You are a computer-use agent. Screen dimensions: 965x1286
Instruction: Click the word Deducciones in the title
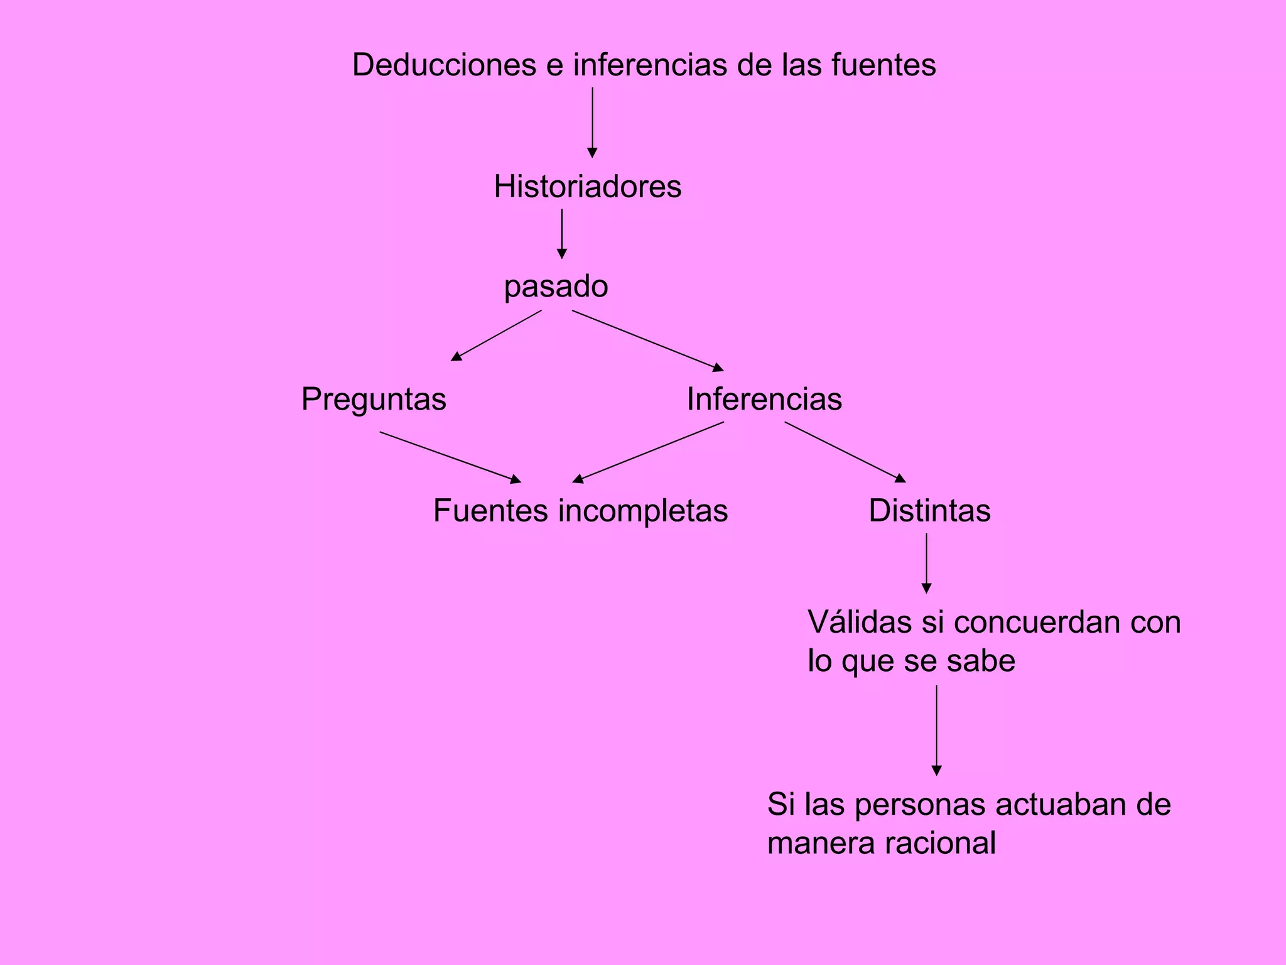tap(444, 65)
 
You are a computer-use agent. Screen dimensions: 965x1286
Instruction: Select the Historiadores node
tap(587, 187)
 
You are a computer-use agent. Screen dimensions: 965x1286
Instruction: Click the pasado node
tap(556, 287)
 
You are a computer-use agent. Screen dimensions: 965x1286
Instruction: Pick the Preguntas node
tap(374, 400)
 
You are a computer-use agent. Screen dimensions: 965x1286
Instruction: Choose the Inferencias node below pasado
tap(764, 400)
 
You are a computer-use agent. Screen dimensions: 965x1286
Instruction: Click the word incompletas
tap(642, 511)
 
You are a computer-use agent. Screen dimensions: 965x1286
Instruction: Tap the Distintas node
tap(929, 511)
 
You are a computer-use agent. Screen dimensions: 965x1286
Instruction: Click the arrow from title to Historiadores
tap(592, 123)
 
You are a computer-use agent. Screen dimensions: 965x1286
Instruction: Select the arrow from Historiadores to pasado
tap(562, 234)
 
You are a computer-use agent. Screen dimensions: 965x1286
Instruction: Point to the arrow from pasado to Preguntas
tap(496, 335)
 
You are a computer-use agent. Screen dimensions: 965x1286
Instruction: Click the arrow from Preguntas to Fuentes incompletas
tap(450, 457)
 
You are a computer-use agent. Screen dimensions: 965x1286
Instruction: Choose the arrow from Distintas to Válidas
tap(926, 563)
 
